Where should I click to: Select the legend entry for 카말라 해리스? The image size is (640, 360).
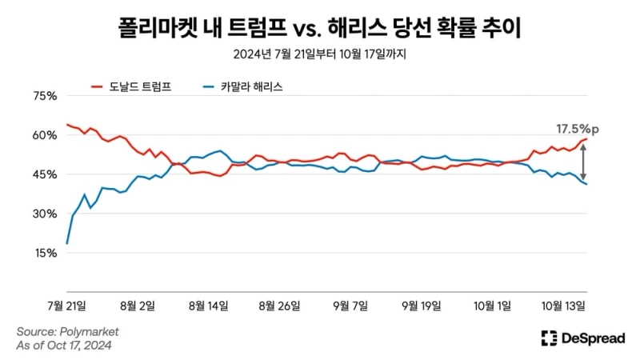pos(250,86)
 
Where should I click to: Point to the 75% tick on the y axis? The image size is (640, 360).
pos(42,96)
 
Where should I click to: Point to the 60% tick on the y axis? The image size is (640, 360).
pos(42,135)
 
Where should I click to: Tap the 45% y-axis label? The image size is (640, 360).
pos(42,174)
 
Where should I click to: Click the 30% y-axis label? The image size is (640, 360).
pos(42,214)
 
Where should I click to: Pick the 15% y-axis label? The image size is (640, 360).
pos(42,253)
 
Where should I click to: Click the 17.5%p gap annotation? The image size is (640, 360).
pos(578,128)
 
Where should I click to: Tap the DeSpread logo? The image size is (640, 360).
pos(582,338)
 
